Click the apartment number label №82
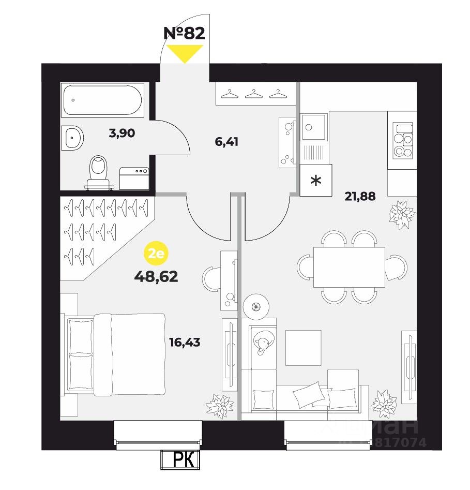[x=184, y=33]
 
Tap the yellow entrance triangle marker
[x=184, y=53]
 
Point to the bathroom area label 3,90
[x=122, y=133]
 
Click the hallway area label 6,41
[x=226, y=141]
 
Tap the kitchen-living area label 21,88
[x=360, y=196]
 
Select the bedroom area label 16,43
[x=185, y=342]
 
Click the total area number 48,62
[x=156, y=277]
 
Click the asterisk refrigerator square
[x=315, y=181]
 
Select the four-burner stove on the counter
[x=402, y=140]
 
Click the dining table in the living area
[x=348, y=266]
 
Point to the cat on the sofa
[x=262, y=343]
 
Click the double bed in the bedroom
[x=116, y=354]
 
